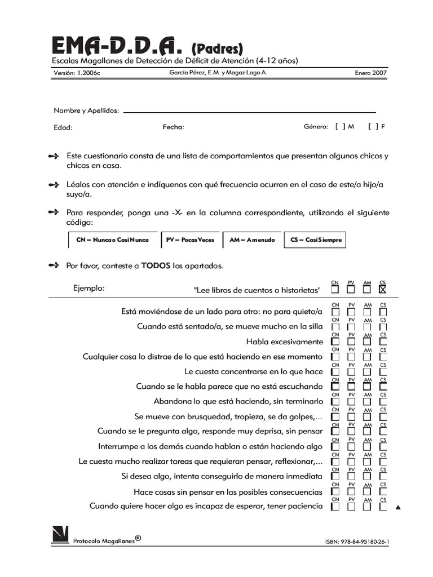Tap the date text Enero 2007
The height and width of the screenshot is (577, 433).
(370, 73)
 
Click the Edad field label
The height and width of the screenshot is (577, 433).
(63, 127)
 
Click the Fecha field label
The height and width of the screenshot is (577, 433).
(173, 127)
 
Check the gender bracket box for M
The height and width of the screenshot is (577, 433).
(340, 127)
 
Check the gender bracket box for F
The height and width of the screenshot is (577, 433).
(373, 127)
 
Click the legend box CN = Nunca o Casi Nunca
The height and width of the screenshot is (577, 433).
(112, 239)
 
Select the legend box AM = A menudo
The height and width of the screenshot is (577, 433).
(252, 239)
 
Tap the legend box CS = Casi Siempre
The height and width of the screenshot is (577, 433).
(316, 239)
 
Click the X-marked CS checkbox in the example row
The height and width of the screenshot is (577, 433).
(383, 290)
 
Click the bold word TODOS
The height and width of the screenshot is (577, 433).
(156, 265)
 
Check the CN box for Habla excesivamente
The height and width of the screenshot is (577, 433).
(335, 341)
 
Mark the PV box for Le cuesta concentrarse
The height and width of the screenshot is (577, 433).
(351, 372)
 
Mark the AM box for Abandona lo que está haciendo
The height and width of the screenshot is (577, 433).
(367, 402)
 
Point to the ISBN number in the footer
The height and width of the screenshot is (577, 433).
(357, 542)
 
